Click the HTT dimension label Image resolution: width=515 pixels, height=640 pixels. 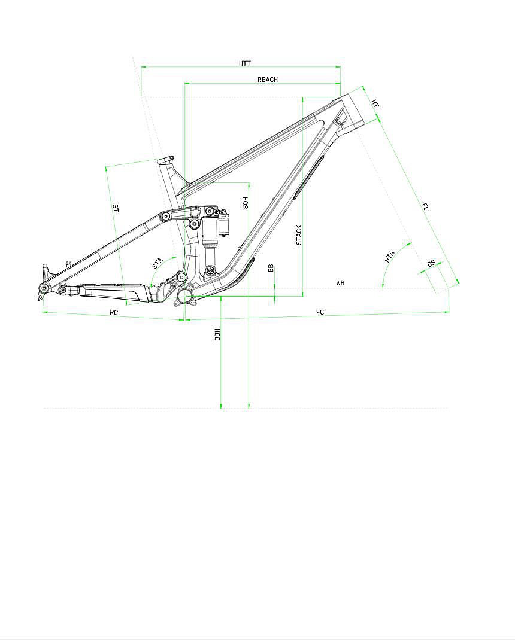click(245, 63)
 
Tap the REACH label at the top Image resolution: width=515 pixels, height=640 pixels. click(268, 80)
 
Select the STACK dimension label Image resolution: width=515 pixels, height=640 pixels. click(299, 235)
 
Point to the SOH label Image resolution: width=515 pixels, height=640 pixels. click(246, 203)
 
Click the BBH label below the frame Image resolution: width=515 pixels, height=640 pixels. click(217, 335)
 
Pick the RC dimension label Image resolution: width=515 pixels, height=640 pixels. click(114, 312)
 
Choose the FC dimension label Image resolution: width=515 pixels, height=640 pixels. click(320, 312)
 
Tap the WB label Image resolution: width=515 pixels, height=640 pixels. click(341, 282)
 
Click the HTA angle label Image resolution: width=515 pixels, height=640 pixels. click(389, 257)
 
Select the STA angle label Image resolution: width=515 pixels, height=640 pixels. click(157, 263)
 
